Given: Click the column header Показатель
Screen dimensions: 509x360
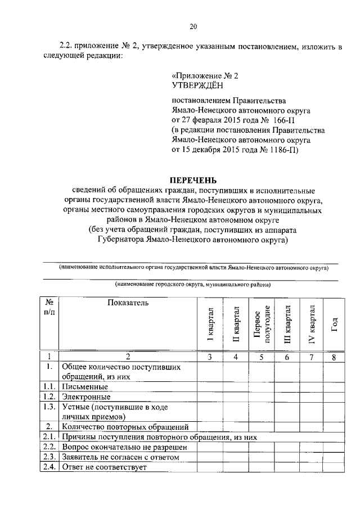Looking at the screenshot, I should pyautogui.click(x=128, y=303).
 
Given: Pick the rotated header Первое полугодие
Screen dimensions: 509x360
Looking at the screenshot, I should pyautogui.click(x=262, y=325).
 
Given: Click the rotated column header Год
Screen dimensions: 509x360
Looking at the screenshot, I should pyautogui.click(x=334, y=325).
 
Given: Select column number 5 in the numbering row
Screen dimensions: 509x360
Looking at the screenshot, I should pyautogui.click(x=262, y=357).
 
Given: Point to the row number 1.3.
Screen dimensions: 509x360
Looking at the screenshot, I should pyautogui.click(x=49, y=407).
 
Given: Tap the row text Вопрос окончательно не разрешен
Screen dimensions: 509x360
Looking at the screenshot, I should pyautogui.click(x=120, y=447).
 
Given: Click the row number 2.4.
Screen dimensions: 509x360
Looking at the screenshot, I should pyautogui.click(x=49, y=467).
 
